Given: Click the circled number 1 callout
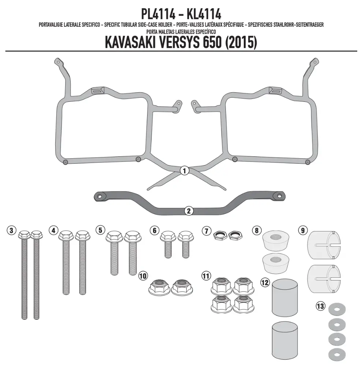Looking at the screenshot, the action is (x=184, y=171).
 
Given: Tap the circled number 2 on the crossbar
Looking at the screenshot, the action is (x=189, y=211).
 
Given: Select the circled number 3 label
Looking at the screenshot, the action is (x=11, y=231).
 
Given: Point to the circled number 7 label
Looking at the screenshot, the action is (x=206, y=231).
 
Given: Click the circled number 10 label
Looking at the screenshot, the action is (x=143, y=276).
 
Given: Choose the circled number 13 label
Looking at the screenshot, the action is (x=320, y=306).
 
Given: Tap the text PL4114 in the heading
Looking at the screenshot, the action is (x=158, y=14).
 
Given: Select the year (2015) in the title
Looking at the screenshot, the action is (x=241, y=42).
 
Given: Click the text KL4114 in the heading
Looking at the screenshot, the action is (x=204, y=14).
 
